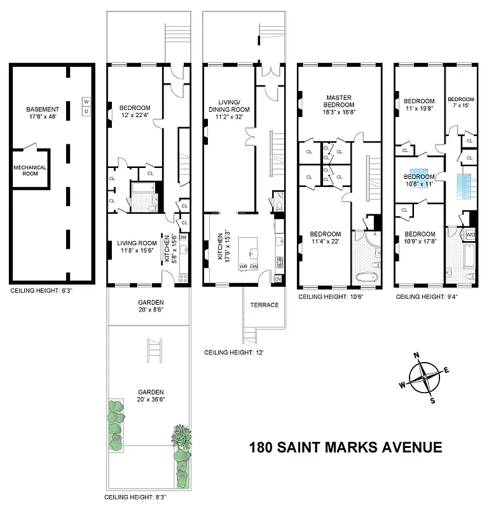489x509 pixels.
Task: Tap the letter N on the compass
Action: (x=416, y=356)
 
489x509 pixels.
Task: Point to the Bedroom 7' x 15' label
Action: (x=460, y=102)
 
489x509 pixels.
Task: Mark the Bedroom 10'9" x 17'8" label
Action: (x=420, y=237)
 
